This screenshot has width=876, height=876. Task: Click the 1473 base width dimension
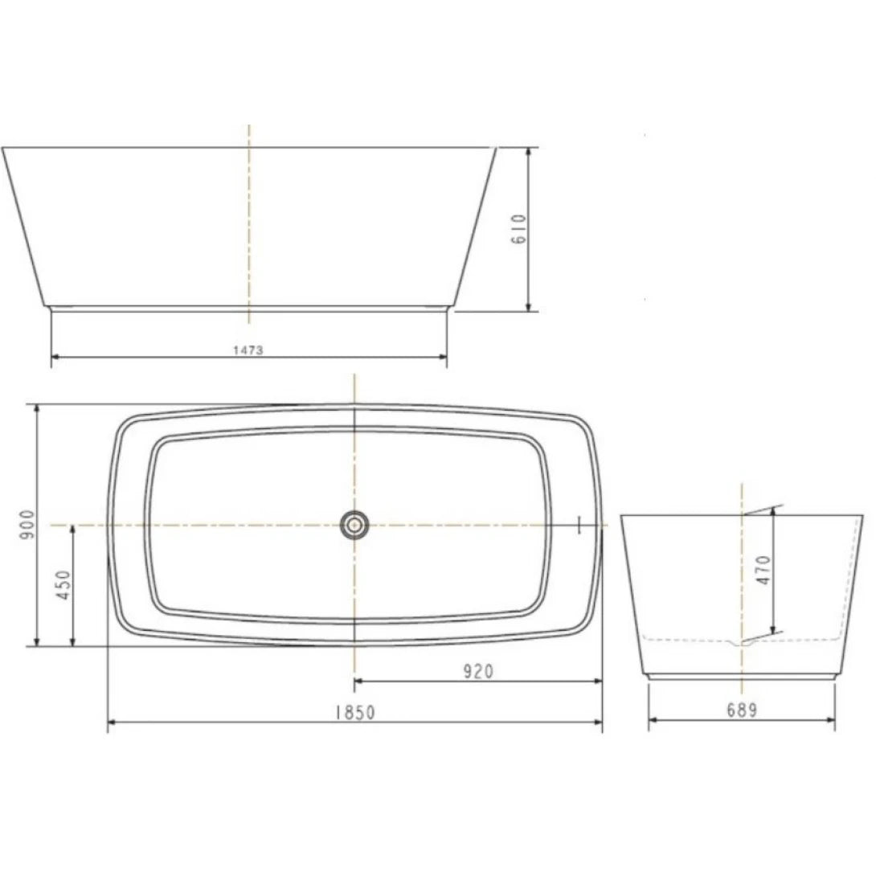click(x=249, y=349)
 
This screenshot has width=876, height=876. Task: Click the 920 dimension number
click(x=477, y=671)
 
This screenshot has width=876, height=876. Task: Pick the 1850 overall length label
click(x=354, y=712)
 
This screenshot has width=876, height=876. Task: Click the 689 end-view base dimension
click(x=741, y=710)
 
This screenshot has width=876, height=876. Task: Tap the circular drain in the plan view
click(x=354, y=526)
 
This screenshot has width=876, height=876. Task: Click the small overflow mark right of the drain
click(x=579, y=526)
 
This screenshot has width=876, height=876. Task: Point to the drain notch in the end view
click(x=741, y=643)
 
